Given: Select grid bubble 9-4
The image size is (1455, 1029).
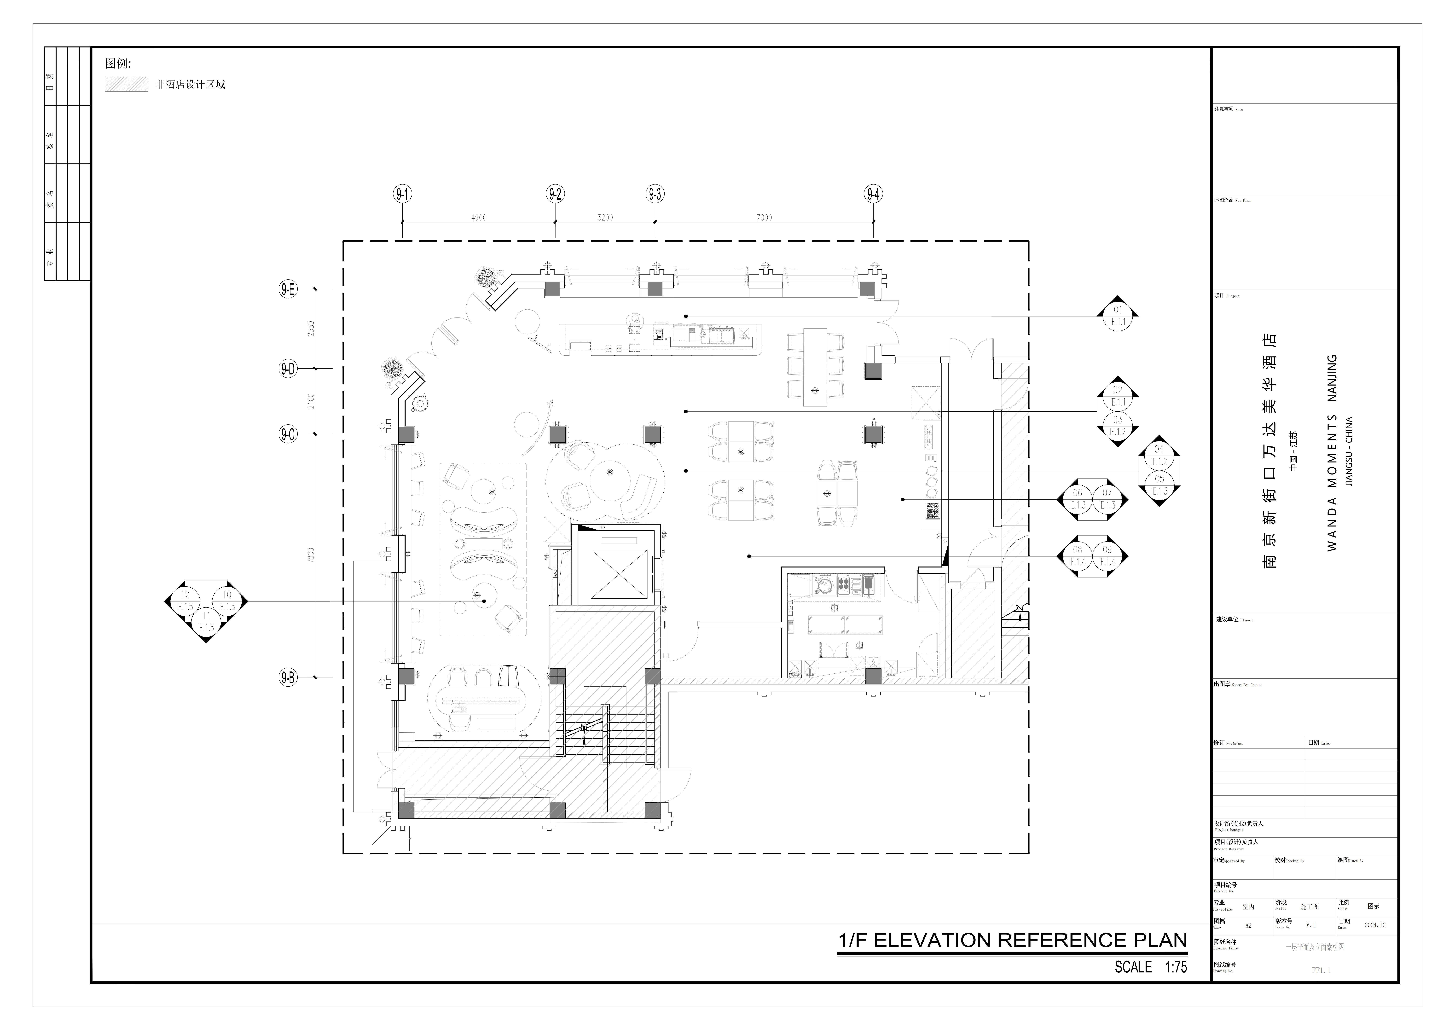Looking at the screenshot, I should pos(873,194).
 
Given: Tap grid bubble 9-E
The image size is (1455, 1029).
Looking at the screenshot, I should pos(288,289).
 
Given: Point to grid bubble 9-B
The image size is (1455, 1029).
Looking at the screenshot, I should pos(288,677).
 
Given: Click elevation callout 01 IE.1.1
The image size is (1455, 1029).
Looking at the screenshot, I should pos(1118,316).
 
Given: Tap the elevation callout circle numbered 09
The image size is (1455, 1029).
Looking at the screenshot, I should pos(1107,556).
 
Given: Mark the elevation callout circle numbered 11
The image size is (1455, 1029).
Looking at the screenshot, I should pos(206,621).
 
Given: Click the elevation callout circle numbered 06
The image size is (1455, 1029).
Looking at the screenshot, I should pos(1077,499).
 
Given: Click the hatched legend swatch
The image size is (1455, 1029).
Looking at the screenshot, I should pos(126,84).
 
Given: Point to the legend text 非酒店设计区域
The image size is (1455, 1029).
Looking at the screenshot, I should pos(190,84).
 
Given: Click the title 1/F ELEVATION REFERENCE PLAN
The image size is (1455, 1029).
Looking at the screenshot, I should pos(1012,940).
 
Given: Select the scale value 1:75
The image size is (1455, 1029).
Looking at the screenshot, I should pos(1176,967).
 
